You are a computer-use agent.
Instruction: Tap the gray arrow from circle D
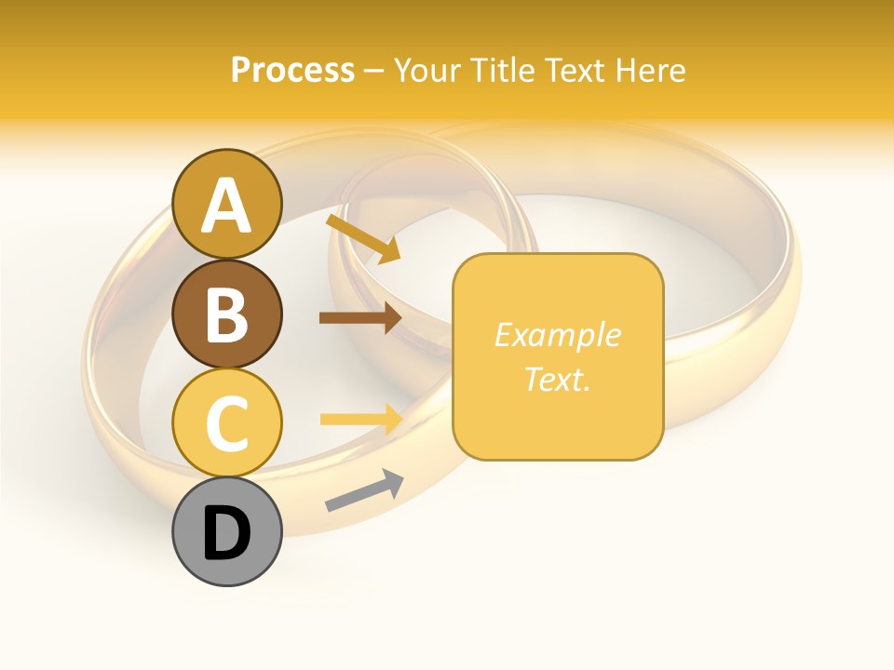[x=364, y=491]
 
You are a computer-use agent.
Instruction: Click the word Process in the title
[x=292, y=70]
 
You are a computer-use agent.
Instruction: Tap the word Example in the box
[x=558, y=335]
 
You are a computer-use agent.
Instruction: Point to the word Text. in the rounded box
[x=558, y=379]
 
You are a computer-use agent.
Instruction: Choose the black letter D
[x=226, y=534]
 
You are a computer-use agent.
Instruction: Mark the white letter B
[x=226, y=315]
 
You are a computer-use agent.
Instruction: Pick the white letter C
[x=226, y=424]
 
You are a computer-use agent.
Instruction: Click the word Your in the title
[x=430, y=70]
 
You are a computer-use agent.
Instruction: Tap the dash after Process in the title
[x=374, y=71]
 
